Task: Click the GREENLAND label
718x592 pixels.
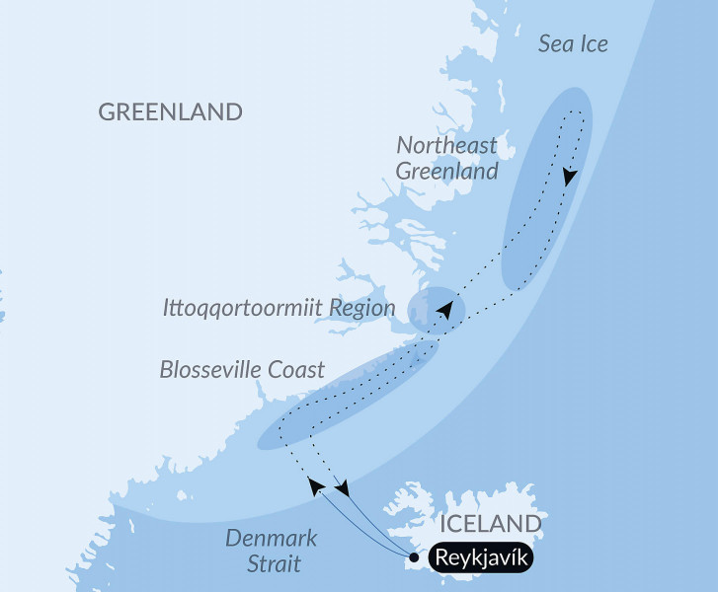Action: pyautogui.click(x=170, y=111)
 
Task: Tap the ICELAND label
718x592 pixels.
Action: pyautogui.click(x=491, y=523)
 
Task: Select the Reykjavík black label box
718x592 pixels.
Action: pyautogui.click(x=482, y=559)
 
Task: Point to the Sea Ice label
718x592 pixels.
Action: pyautogui.click(x=573, y=43)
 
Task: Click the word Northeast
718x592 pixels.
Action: pyautogui.click(x=446, y=145)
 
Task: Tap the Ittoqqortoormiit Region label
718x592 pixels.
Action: pyautogui.click(x=279, y=308)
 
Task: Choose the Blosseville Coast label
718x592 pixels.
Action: pyautogui.click(x=242, y=370)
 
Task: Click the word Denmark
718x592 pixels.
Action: pyautogui.click(x=271, y=539)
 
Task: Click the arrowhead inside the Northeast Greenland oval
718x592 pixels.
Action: pyautogui.click(x=570, y=178)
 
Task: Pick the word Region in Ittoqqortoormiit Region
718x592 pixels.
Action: pyautogui.click(x=363, y=308)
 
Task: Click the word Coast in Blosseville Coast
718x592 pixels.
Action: pyautogui.click(x=296, y=370)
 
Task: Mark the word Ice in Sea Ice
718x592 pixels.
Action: pyautogui.click(x=593, y=43)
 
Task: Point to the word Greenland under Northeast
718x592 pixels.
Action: pyautogui.click(x=446, y=171)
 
